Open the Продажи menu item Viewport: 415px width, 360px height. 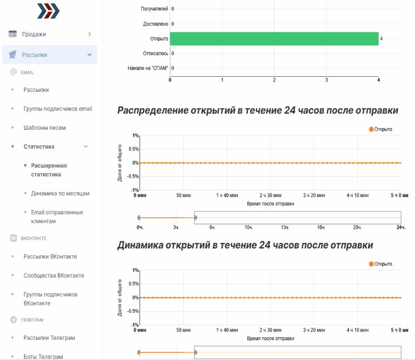pos(34,34)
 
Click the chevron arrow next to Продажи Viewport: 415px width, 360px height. pos(90,34)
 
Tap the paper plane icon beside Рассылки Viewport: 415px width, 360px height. pos(12,54)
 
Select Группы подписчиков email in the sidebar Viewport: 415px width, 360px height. pos(58,109)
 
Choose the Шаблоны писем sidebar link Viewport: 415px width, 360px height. pos(45,128)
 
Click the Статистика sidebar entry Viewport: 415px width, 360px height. pos(39,147)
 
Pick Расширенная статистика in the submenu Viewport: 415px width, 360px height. pos(49,170)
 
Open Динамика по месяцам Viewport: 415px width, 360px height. pos(60,193)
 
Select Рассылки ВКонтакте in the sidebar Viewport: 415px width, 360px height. pos(50,257)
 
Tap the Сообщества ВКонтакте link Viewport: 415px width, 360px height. pos(54,275)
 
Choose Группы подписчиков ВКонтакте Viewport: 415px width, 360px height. pos(50,299)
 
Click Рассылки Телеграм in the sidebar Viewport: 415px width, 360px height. pos(49,338)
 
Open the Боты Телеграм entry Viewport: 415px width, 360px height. pos(44,356)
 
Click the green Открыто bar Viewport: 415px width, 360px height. pos(274,39)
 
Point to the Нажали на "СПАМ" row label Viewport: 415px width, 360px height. pos(148,68)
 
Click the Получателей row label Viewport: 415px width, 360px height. pos(154,9)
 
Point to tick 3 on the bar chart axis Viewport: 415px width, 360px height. pos(326,80)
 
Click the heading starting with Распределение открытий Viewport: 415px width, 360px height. pos(257,110)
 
